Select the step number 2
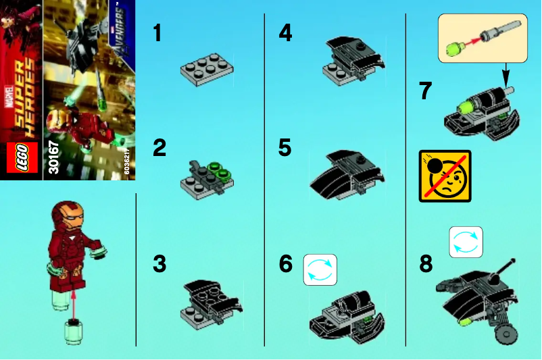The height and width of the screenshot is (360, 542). pyautogui.click(x=159, y=147)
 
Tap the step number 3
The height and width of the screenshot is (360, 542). pyautogui.click(x=159, y=264)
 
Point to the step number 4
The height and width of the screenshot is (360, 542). pyautogui.click(x=285, y=32)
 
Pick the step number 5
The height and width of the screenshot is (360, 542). pyautogui.click(x=285, y=147)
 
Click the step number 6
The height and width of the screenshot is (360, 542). pyautogui.click(x=286, y=264)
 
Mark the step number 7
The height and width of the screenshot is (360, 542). pyautogui.click(x=425, y=91)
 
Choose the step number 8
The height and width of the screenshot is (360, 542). pyautogui.click(x=425, y=264)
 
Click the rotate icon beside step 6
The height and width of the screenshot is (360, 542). pyautogui.click(x=320, y=269)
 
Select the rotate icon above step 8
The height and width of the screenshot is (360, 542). pyautogui.click(x=466, y=242)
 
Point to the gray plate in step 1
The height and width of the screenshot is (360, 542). pyautogui.click(x=206, y=70)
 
